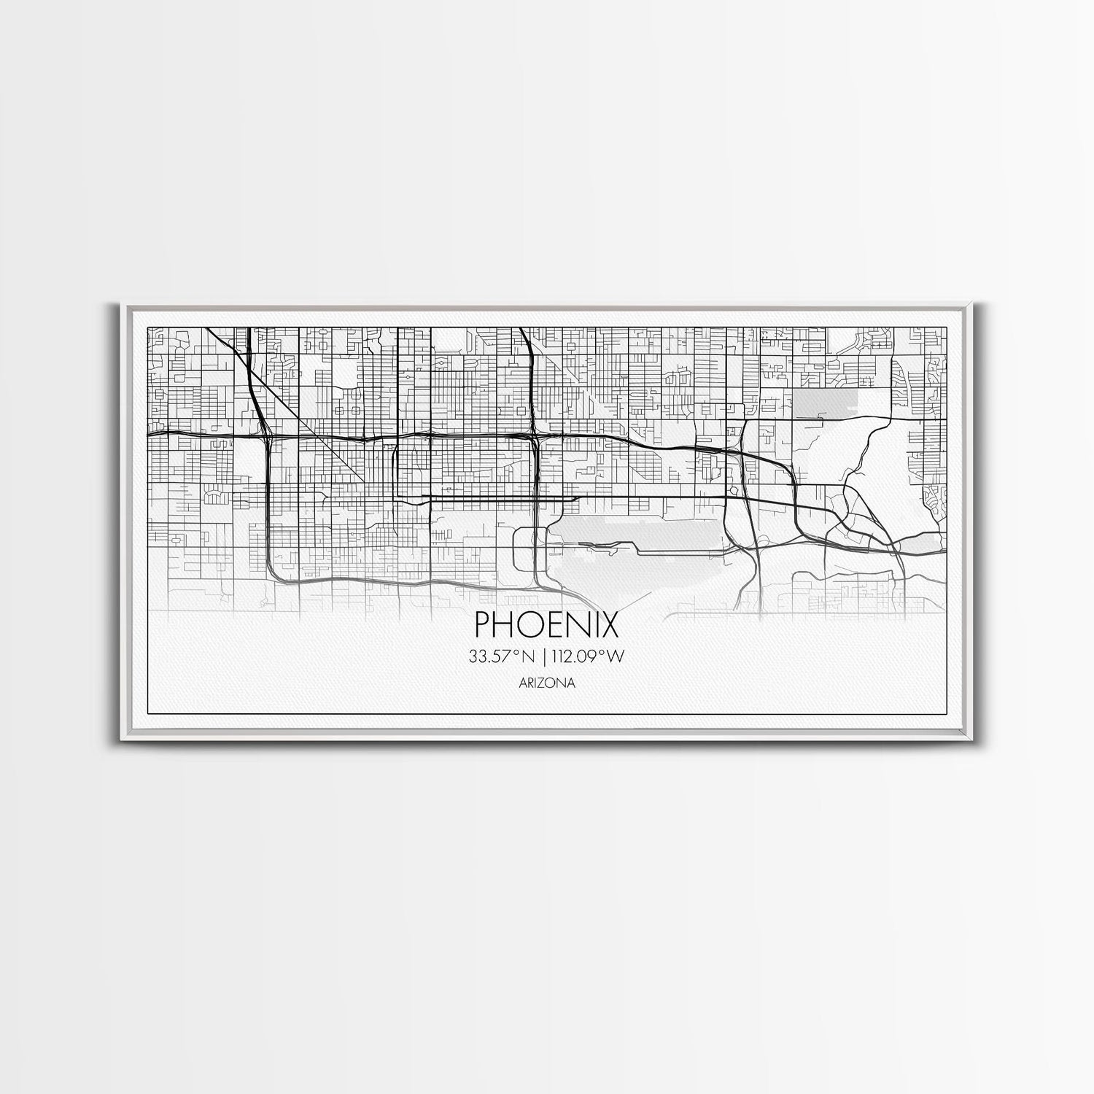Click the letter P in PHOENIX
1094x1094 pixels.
click(484, 625)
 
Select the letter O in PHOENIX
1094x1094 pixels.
click(530, 625)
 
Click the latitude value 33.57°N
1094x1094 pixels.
click(503, 656)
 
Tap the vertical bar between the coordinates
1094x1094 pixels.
click(543, 656)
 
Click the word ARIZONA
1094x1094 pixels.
click(547, 683)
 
